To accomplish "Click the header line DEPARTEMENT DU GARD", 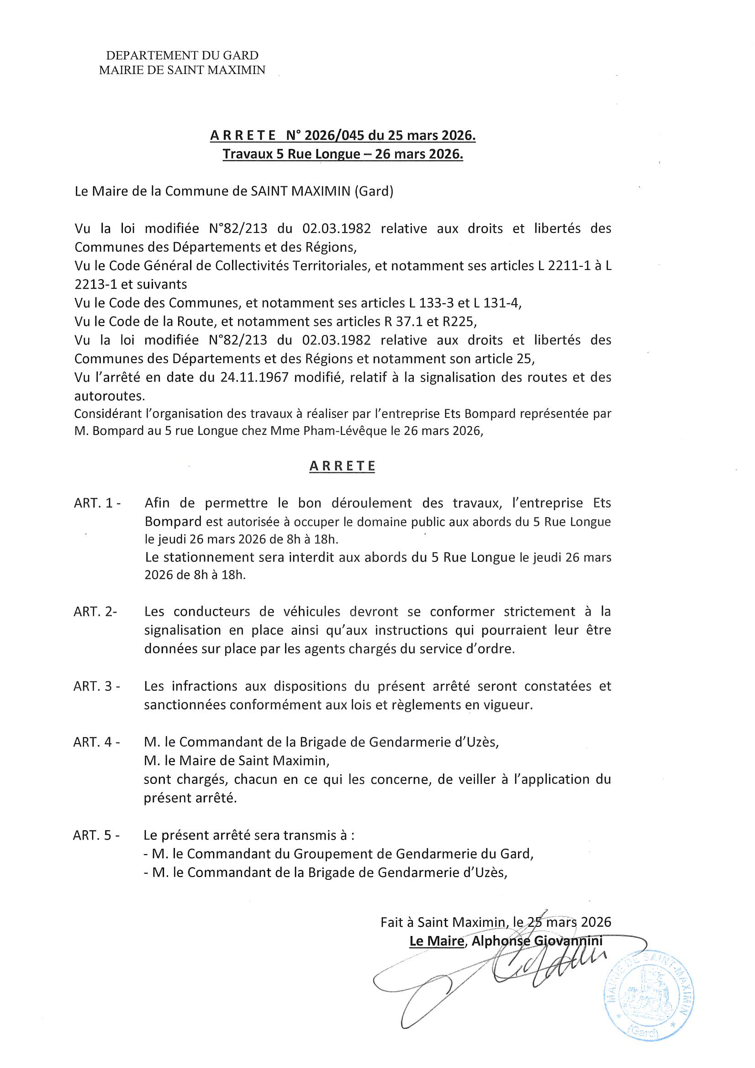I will [182, 56].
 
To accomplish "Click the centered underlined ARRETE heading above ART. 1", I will [342, 466].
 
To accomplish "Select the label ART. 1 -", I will [97, 503].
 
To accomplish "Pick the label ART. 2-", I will [95, 612].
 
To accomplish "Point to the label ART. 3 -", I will [96, 686].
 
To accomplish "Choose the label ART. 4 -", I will [96, 742].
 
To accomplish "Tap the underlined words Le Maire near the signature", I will [436, 941].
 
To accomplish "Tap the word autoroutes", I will [109, 396].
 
